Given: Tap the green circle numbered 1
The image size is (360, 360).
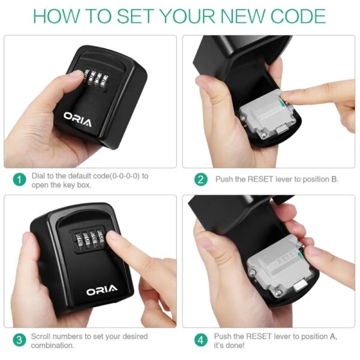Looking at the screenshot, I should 19,179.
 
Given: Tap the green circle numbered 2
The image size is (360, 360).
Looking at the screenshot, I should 202,179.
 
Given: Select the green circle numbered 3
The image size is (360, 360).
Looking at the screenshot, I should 19,340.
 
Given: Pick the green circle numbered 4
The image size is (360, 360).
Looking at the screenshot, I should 202,340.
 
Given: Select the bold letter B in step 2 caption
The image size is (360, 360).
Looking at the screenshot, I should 335,179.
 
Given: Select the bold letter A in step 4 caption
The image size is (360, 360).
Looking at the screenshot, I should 333,337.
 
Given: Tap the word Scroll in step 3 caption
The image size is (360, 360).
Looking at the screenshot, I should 41,337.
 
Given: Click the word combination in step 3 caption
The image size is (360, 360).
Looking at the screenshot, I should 53,345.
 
